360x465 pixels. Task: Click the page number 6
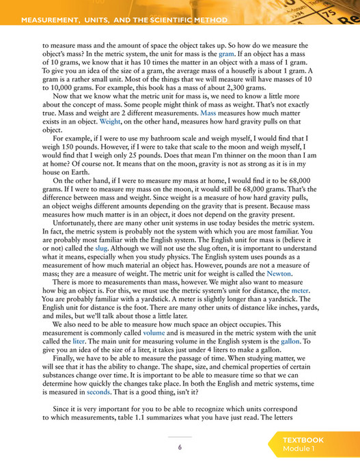click(x=180, y=447)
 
